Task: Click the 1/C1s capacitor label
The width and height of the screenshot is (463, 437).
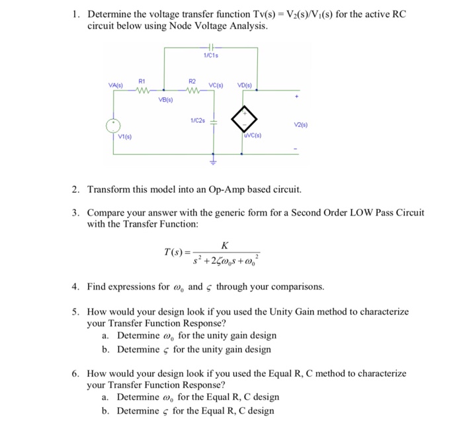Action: click(212, 56)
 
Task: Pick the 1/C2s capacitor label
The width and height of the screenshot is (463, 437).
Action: click(196, 120)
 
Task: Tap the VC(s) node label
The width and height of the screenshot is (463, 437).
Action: click(218, 85)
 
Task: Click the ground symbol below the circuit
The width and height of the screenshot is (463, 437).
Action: click(214, 159)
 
